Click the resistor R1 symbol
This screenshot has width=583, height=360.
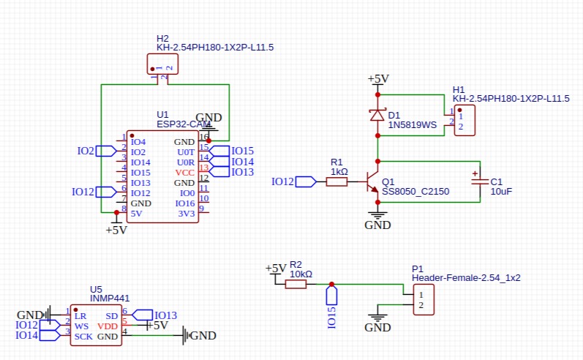pyautogui.click(x=336, y=181)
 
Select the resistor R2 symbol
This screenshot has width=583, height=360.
pyautogui.click(x=296, y=284)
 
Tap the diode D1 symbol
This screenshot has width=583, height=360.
pyautogui.click(x=377, y=115)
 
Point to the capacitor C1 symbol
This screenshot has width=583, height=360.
pyautogui.click(x=479, y=181)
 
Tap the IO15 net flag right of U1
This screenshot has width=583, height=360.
pyautogui.click(x=219, y=151)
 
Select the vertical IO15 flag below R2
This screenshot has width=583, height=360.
pyautogui.click(x=331, y=296)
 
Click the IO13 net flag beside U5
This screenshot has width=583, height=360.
pyautogui.click(x=143, y=315)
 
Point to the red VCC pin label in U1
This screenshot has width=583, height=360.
pyautogui.click(x=185, y=172)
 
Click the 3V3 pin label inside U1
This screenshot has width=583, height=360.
pyautogui.click(x=186, y=214)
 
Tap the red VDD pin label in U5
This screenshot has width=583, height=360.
pyautogui.click(x=107, y=326)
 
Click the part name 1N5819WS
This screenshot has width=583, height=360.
pyautogui.click(x=412, y=125)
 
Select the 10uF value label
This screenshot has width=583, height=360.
pyautogui.click(x=501, y=191)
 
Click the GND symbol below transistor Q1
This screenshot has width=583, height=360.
pyautogui.click(x=377, y=216)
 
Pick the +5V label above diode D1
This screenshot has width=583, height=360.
pyautogui.click(x=378, y=79)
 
